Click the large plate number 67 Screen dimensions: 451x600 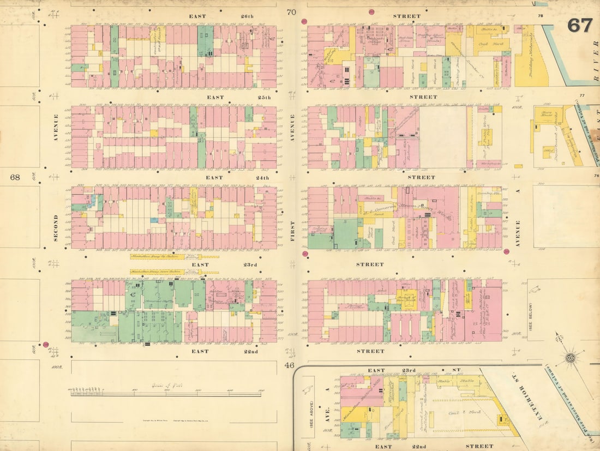point(580,25)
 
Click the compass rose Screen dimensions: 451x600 point(571,358)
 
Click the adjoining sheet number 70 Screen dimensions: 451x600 point(291,12)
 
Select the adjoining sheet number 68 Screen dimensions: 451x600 point(15,177)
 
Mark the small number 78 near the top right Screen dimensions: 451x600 point(540,16)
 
